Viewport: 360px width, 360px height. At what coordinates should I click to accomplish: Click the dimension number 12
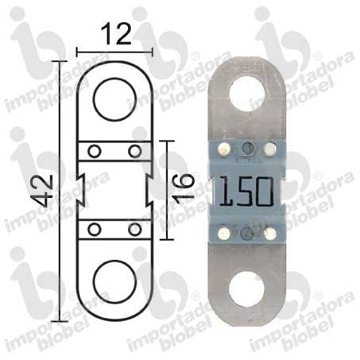(x=116, y=33)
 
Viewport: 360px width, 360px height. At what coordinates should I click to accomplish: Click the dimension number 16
(x=184, y=189)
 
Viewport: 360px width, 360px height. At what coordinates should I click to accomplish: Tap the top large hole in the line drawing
(x=114, y=99)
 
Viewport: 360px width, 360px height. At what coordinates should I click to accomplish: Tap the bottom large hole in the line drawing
(x=115, y=281)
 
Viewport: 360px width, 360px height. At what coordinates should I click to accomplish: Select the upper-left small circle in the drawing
(x=95, y=152)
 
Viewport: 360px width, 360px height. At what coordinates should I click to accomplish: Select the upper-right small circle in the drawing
(x=135, y=151)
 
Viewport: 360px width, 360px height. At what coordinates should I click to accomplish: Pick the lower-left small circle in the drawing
(x=95, y=230)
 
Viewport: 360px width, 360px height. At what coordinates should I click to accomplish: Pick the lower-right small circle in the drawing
(x=135, y=230)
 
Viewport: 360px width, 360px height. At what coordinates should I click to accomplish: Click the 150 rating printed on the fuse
(x=246, y=192)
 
